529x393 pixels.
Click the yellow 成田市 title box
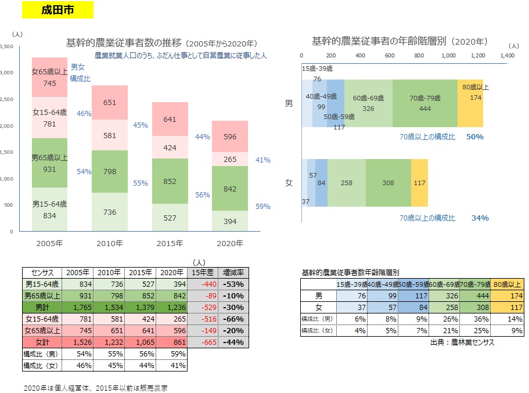pos(57,10)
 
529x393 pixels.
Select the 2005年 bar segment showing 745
pos(49,77)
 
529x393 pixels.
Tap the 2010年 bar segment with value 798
pos(110,172)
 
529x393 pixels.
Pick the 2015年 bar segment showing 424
pos(170,147)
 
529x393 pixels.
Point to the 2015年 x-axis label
pos(170,243)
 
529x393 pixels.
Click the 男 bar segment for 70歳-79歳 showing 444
pos(424,102)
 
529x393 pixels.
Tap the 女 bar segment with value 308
pos(388,183)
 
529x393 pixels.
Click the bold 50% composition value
pos(474,137)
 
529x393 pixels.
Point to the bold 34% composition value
pos(480,218)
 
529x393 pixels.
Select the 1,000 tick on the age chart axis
pos(448,55)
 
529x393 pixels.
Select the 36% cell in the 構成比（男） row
pos(476,319)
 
